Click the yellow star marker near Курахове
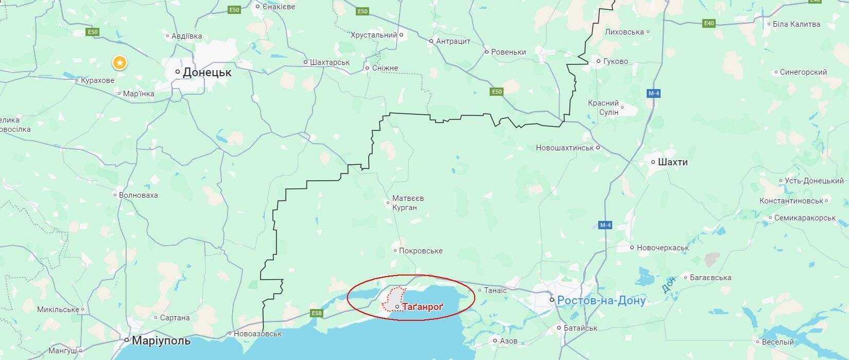[x=119, y=63]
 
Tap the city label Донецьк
[x=207, y=73]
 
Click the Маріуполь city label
[x=161, y=341]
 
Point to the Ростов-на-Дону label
[x=601, y=300]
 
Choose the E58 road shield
[x=317, y=313]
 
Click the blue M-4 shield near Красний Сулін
[x=653, y=93]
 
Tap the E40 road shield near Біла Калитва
[x=709, y=23]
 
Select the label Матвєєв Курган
[x=408, y=203]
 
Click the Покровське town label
[x=421, y=251]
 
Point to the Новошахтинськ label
[x=565, y=148]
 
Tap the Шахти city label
[x=672, y=162]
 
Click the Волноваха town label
[x=138, y=195]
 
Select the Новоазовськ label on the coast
[x=257, y=334]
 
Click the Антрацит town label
[x=453, y=41]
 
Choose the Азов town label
[x=509, y=341]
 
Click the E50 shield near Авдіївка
[x=93, y=32]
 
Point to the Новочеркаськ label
[x=663, y=248]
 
